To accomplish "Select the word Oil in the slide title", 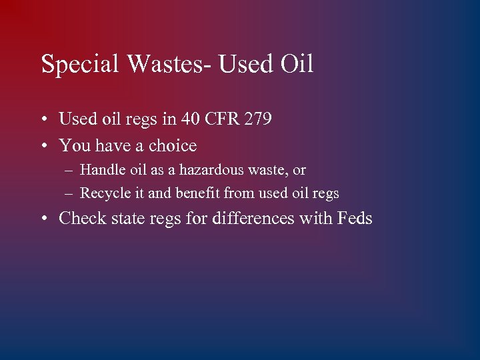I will [x=297, y=65].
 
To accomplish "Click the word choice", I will [x=172, y=145].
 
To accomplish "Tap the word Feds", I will [x=355, y=218].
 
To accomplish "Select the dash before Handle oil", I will [x=70, y=171].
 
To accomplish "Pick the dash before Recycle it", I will [x=70, y=194].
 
